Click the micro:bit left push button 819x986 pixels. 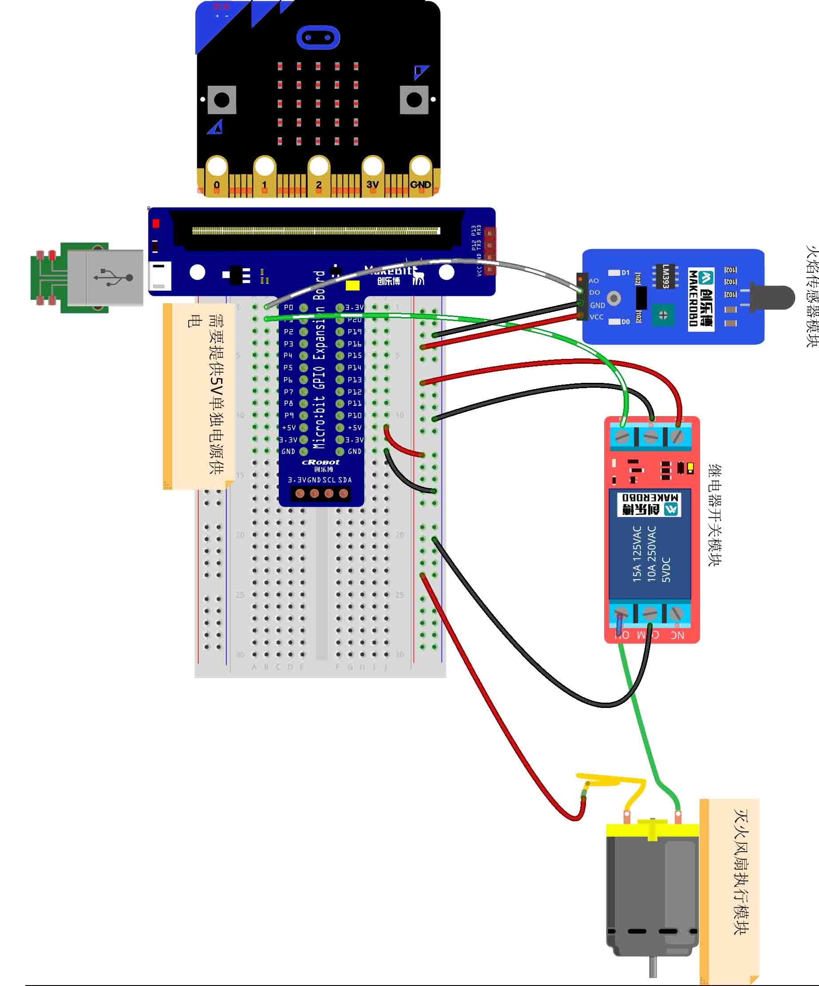(x=222, y=99)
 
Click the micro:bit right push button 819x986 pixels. (x=414, y=99)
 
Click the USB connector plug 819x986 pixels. (x=105, y=278)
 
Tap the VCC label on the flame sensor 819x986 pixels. (x=597, y=317)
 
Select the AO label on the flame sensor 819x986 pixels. (x=593, y=281)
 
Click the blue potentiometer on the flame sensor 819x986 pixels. (x=663, y=315)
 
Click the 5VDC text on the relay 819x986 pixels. (x=666, y=569)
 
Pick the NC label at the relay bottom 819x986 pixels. (x=677, y=635)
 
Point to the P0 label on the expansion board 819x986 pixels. (x=288, y=307)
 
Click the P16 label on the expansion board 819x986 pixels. (x=355, y=344)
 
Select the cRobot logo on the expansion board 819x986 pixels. (x=320, y=462)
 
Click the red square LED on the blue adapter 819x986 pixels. (x=156, y=223)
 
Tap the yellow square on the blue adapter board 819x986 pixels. (x=352, y=286)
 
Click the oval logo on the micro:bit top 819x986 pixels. (x=318, y=38)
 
